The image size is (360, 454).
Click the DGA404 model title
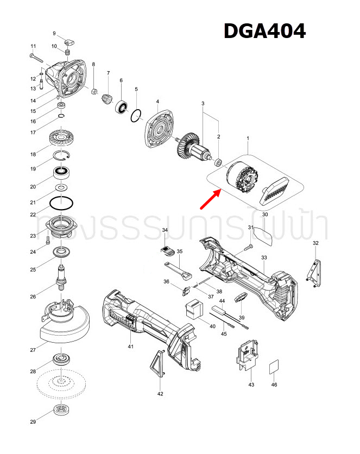point(264,31)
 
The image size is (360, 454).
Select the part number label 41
point(130,346)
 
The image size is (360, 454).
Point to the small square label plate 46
point(274,367)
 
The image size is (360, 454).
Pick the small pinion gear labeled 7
point(108,98)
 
